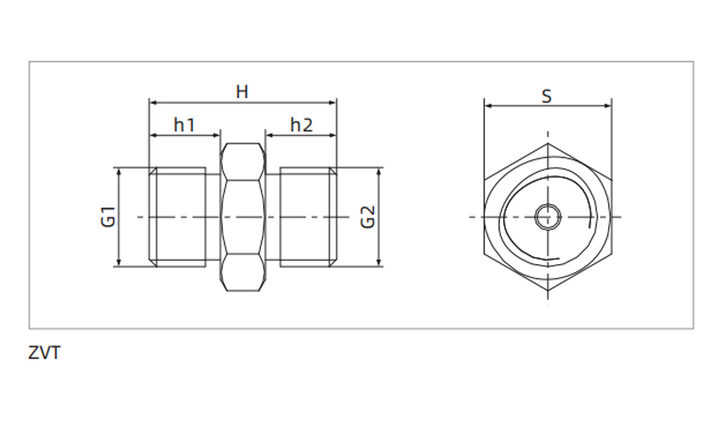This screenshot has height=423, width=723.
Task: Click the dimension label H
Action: [x=242, y=92]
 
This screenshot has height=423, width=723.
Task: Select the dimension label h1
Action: [x=184, y=125]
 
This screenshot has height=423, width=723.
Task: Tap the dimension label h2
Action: [x=301, y=125]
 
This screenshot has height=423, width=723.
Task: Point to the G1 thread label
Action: [x=108, y=217]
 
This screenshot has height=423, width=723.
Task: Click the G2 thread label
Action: [x=368, y=217]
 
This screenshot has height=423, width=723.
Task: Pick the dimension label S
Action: [x=547, y=95]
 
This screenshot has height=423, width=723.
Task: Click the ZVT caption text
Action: [x=44, y=354]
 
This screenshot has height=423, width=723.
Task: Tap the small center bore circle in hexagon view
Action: [x=547, y=216]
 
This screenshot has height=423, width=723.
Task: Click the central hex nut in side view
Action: [x=242, y=217]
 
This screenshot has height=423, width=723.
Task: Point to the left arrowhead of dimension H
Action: [x=153, y=103]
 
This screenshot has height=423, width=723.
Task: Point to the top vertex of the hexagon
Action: [x=547, y=143]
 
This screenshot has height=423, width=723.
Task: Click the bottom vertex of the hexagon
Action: [x=547, y=291]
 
